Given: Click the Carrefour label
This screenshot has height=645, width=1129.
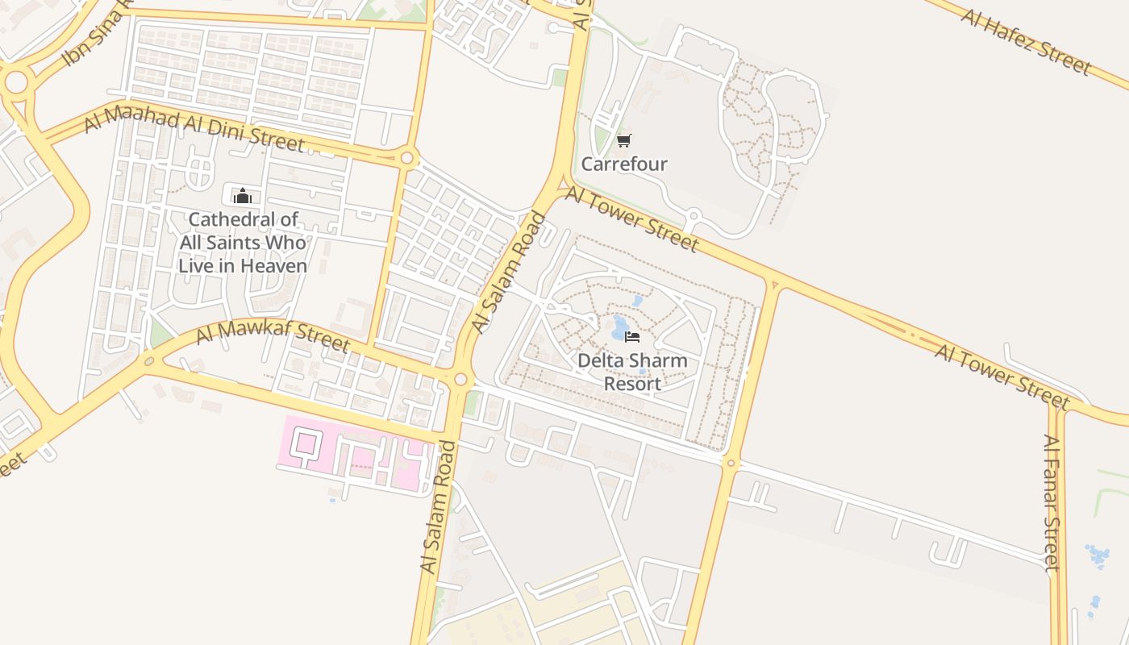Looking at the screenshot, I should click(624, 164).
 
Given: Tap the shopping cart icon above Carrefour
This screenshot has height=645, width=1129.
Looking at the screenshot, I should click(623, 141).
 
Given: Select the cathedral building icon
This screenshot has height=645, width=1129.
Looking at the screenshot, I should click(242, 195).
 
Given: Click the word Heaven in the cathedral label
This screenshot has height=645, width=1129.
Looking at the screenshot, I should click(275, 266).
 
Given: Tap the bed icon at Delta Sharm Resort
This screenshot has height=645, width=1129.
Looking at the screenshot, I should click(632, 336).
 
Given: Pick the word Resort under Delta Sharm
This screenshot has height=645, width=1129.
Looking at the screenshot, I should click(632, 384).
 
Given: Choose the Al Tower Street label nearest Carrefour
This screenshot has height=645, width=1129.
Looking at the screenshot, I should click(631, 218).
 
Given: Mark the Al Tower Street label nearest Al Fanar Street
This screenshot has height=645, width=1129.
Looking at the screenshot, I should click(1001, 376).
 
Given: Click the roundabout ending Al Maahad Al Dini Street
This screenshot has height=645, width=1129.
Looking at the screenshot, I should click(407, 158).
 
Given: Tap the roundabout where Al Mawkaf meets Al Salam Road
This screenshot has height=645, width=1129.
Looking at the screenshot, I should click(460, 379).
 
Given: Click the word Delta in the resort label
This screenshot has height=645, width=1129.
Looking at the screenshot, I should click(601, 360).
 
